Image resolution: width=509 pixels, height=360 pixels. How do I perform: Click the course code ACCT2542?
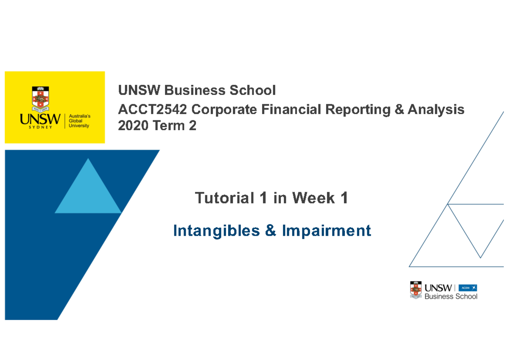coord(152,110)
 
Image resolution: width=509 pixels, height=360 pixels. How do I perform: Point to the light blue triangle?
coord(88,191)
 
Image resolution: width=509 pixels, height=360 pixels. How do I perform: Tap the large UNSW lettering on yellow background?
coord(40,119)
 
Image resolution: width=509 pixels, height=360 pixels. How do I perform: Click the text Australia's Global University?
coord(79,121)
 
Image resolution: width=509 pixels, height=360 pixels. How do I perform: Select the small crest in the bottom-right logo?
coord(415,290)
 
